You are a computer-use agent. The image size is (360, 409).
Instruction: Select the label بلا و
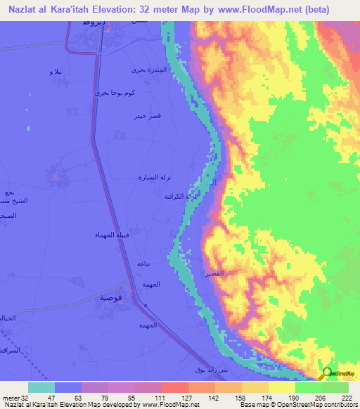(54, 72)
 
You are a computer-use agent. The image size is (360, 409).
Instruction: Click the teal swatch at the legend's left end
(41, 387)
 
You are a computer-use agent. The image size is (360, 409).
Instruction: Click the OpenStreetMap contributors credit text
(309, 404)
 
